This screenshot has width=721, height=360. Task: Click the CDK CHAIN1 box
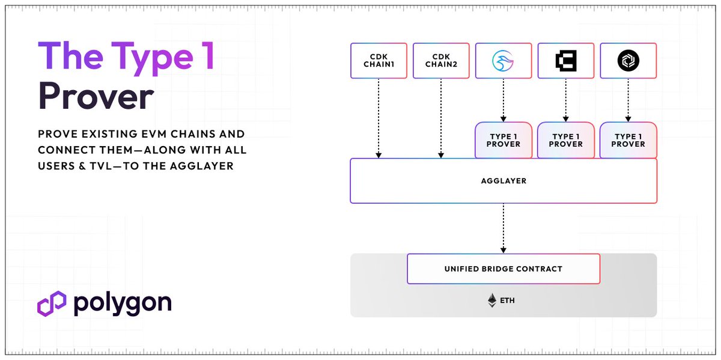click(x=379, y=61)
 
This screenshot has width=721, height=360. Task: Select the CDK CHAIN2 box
click(x=441, y=61)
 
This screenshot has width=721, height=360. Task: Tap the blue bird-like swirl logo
click(x=503, y=61)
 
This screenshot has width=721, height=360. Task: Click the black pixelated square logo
click(x=565, y=61)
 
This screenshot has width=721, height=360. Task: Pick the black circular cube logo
click(x=628, y=61)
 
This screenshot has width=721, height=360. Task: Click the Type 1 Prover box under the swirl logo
click(x=503, y=140)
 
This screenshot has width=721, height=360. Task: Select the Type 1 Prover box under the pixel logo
click(x=565, y=140)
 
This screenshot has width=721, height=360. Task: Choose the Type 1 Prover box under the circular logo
click(x=628, y=140)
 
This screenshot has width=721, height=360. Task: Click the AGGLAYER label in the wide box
click(x=503, y=181)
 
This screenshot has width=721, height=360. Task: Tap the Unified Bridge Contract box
click(x=503, y=269)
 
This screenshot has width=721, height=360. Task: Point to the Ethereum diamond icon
click(x=492, y=301)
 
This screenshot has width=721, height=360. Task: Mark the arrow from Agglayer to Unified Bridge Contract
click(x=503, y=228)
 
